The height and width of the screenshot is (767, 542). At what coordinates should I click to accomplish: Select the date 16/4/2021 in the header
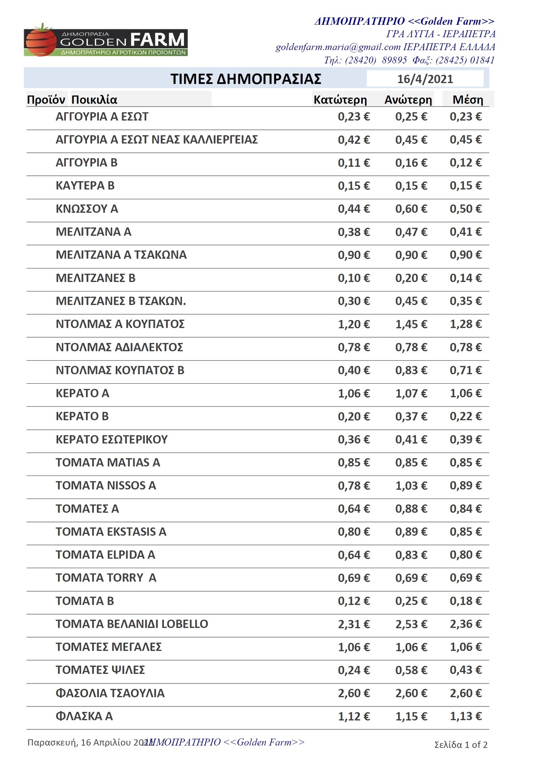coord(425,79)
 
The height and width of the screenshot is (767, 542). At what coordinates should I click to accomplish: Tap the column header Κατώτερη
coord(340,100)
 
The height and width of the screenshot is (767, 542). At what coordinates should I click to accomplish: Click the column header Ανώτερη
coord(408,100)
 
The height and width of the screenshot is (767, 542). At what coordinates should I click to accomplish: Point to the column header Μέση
coord(467,100)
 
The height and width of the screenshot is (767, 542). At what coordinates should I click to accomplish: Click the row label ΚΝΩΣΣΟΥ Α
coord(87,209)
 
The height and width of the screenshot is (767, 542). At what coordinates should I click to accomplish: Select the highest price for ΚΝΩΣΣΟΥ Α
coord(411,209)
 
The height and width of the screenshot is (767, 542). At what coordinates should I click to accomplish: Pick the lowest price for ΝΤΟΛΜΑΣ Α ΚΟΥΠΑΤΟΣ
coord(354,324)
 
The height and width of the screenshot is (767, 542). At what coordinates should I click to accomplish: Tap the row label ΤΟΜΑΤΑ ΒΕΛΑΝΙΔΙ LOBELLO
coord(131,624)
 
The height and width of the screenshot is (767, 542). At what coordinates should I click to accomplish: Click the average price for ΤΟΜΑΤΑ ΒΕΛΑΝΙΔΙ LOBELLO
coord(465,624)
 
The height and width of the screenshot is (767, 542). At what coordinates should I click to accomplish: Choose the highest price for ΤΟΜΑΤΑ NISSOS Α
coord(411,486)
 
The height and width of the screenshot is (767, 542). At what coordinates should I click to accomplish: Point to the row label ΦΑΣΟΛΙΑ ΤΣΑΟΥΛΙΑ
coord(110,693)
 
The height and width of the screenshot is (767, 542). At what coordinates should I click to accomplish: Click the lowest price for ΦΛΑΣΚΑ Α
coord(354,716)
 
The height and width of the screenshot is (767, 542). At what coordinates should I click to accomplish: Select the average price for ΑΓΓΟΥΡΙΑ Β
coord(465,163)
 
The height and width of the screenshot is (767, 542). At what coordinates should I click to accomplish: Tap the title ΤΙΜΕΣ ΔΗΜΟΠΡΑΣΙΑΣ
coord(246,79)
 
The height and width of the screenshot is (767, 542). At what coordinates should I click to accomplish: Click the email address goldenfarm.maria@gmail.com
coord(338,47)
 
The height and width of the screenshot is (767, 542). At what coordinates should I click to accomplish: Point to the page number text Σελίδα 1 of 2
coord(461,745)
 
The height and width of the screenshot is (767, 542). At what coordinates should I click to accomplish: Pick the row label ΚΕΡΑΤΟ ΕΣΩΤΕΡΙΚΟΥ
coord(112,439)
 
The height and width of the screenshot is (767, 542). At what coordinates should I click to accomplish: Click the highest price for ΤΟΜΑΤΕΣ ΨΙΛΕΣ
coord(411,670)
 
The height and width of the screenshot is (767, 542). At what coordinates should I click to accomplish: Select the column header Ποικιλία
coord(94,100)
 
